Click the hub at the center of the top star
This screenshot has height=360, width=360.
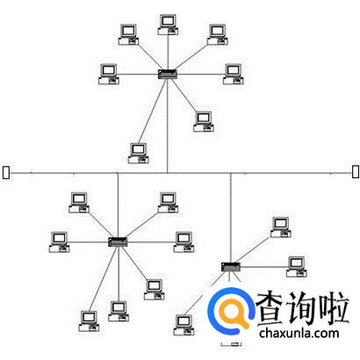[168, 74]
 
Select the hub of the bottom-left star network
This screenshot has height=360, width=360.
[118, 241]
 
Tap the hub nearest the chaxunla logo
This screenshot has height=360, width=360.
[231, 267]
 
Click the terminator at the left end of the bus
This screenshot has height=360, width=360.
[6, 172]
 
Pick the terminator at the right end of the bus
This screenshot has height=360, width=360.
[356, 171]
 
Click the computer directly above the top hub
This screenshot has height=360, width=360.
[168, 25]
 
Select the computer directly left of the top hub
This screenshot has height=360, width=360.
[109, 75]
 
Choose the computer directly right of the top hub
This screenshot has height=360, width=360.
[234, 75]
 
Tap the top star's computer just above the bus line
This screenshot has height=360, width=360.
[139, 153]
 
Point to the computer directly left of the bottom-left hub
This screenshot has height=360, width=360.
[60, 242]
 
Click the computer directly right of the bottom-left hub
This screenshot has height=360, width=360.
[184, 242]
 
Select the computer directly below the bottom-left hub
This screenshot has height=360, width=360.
[119, 312]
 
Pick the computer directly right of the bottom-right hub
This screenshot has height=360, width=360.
[297, 267]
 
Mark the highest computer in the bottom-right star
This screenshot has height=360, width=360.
[281, 227]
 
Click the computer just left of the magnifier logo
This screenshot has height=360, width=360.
[184, 325]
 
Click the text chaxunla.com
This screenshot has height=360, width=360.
[299, 333]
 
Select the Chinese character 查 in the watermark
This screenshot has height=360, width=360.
[270, 307]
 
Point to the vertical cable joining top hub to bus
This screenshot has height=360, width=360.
[168, 126]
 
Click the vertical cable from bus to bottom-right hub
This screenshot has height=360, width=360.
[231, 218]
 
